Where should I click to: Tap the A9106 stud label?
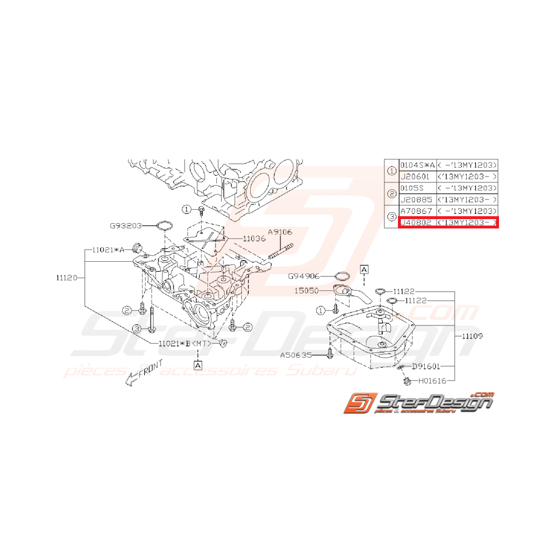(x=280, y=232)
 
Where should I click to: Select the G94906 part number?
(x=304, y=275)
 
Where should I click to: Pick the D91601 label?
(x=427, y=367)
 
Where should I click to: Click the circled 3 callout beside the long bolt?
(x=136, y=330)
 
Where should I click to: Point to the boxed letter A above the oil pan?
(x=363, y=269)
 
